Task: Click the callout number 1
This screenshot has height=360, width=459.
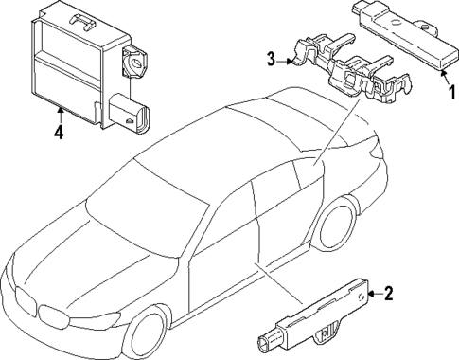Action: (x=451, y=92)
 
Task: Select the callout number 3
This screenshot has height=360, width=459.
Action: (x=271, y=61)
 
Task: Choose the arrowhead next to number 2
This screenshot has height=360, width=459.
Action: (x=377, y=295)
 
